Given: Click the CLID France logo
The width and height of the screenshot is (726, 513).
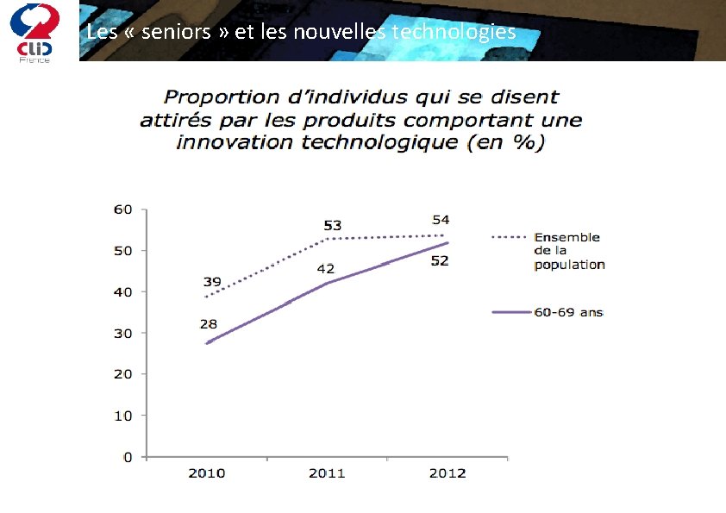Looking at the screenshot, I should coord(34,31).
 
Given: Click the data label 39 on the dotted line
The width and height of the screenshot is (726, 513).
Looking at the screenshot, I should coord(211,282).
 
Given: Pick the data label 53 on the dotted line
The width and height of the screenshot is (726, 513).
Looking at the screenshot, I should coord(332,226).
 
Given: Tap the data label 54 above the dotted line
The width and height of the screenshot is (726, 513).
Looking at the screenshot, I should coord(441,221).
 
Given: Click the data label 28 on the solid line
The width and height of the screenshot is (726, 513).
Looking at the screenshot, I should coord(209,324).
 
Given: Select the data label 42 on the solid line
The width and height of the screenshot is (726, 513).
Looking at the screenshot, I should coord(325,269).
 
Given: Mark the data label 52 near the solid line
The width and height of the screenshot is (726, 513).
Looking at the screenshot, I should coord(440,261).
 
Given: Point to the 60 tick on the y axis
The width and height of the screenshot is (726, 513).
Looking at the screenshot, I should coord(123,210).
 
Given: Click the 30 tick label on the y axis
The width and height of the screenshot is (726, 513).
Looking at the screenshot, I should coord(123,333).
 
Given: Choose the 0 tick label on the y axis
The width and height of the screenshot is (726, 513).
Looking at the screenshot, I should coord(128,457).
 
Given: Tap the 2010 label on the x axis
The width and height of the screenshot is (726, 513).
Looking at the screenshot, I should coord(207,473).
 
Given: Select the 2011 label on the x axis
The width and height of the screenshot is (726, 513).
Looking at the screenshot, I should coord(327,473).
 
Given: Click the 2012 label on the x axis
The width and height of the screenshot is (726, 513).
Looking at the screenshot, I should coord(447,473).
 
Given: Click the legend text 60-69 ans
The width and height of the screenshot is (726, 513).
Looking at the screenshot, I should coord(568,312).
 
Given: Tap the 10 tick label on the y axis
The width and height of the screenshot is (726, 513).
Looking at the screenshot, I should coord(123,416).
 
